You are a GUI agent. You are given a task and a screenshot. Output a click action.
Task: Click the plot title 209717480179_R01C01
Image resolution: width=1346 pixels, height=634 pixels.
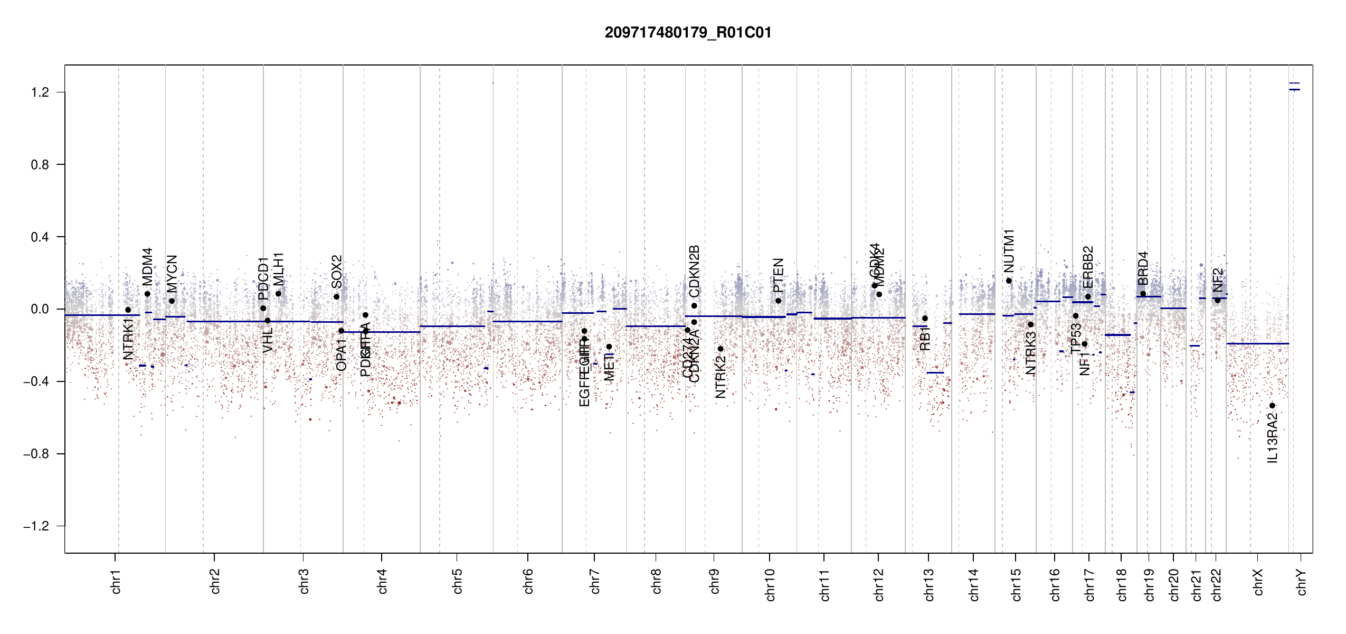[x=688, y=33]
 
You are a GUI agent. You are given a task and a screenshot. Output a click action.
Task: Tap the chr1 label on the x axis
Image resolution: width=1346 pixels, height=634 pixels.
[x=116, y=581]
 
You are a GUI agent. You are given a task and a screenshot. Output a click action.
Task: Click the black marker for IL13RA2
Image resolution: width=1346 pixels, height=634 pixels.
[x=1272, y=406]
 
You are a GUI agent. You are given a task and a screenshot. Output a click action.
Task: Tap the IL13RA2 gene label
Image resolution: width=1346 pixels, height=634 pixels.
[x=1273, y=438]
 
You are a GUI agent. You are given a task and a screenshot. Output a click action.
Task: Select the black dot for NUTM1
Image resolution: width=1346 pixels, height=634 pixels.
[x=1009, y=281]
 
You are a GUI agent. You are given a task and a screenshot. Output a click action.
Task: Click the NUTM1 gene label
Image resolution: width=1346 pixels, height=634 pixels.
[x=1009, y=251]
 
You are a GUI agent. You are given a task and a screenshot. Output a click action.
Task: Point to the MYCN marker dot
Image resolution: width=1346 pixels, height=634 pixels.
[x=172, y=301]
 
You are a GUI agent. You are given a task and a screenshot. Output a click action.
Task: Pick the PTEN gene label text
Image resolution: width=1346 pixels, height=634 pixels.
[x=778, y=275]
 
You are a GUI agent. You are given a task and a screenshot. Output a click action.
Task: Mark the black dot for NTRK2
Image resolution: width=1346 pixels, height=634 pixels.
[x=721, y=349]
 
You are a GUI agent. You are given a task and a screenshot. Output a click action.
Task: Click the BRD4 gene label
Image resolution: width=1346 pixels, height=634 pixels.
[x=1143, y=268]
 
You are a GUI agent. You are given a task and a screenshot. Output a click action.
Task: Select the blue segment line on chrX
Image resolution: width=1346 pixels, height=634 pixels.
[x=1257, y=343]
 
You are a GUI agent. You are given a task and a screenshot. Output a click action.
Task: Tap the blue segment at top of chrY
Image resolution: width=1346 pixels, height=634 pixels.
[x=1294, y=83]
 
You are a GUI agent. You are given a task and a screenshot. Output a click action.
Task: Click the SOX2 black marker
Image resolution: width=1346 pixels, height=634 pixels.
[x=336, y=297]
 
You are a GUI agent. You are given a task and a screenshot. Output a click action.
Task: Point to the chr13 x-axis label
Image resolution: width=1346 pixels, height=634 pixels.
[x=929, y=584]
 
